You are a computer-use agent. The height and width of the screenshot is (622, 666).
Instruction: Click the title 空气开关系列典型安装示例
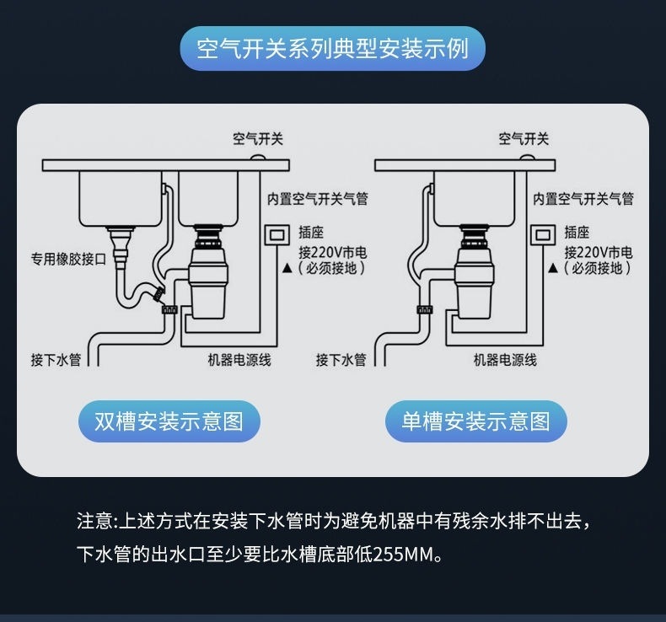332,48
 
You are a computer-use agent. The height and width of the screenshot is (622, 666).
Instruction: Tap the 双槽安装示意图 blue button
169,421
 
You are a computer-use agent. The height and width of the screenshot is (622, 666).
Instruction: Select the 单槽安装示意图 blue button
475,421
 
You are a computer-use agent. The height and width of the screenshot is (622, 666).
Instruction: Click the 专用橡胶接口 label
68,259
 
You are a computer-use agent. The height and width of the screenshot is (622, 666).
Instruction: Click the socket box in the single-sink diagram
541,234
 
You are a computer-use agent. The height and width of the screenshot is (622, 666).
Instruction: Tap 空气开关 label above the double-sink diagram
258,139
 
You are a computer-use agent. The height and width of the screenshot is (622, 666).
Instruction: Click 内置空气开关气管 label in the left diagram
317,200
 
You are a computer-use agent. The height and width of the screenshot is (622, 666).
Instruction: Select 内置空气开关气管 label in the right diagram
583,200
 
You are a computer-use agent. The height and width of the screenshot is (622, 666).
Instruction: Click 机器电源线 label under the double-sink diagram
239,360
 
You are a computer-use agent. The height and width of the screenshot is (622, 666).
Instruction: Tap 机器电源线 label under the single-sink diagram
504,360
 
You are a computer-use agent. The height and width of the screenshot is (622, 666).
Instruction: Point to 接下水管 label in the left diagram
56,360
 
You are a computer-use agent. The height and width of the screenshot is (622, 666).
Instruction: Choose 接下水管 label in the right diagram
341,360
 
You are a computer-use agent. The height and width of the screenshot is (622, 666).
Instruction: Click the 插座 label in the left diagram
311,233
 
